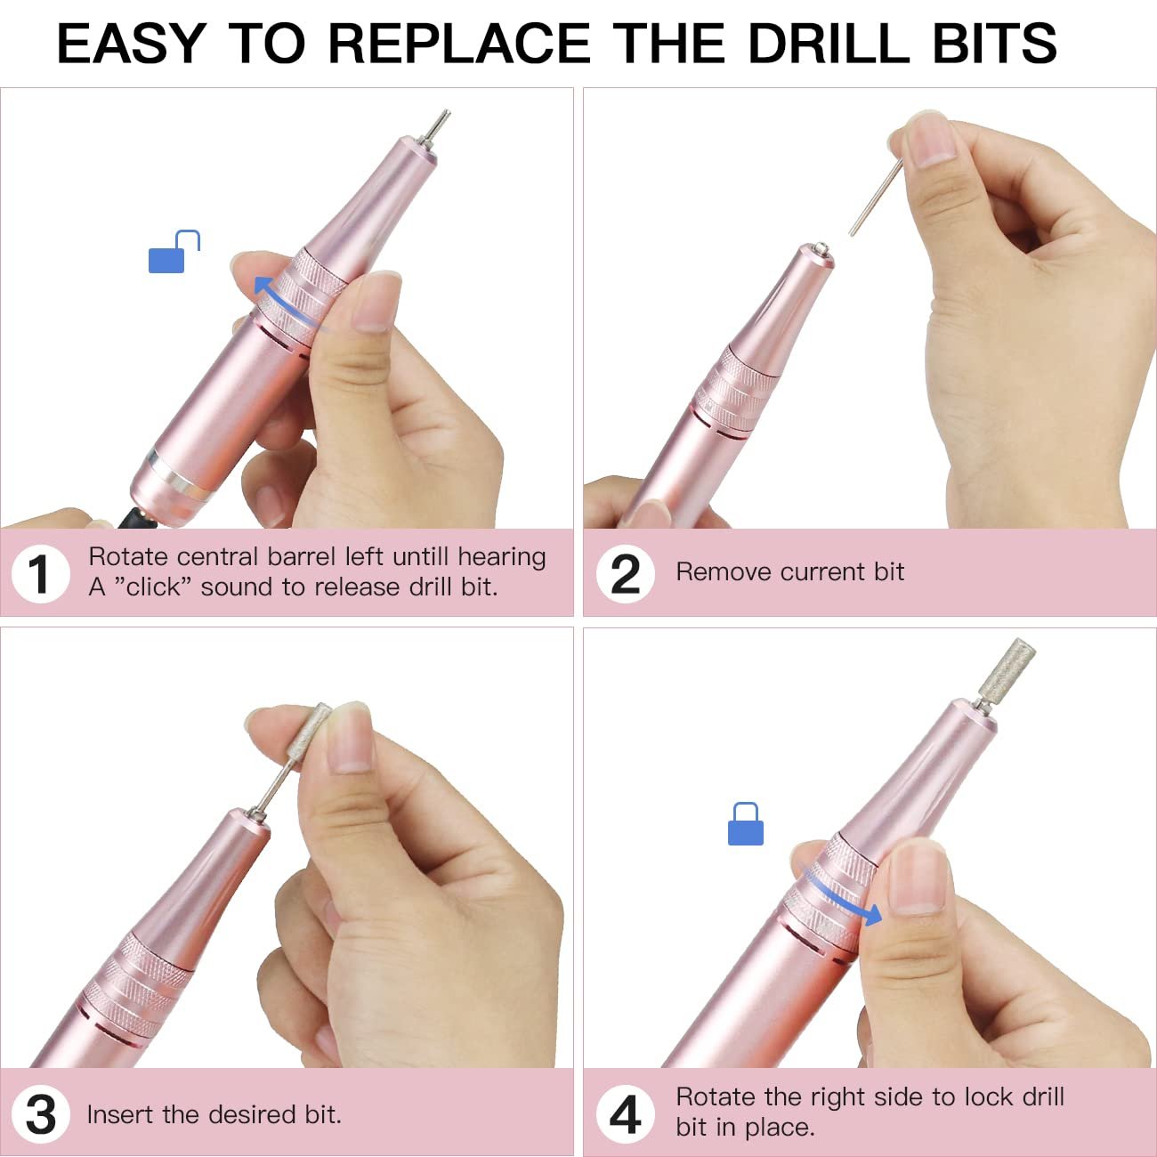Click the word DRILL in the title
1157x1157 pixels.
829,44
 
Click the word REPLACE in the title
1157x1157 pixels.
459,44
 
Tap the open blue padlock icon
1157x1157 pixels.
174,252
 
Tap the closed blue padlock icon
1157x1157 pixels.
745,824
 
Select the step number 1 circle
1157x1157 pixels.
40,574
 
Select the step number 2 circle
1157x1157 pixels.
625,574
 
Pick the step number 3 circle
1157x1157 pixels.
40,1114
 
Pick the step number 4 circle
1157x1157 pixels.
625,1114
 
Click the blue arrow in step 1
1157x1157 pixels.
282,306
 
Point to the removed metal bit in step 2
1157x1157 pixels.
876,198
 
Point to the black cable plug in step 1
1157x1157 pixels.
137,518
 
